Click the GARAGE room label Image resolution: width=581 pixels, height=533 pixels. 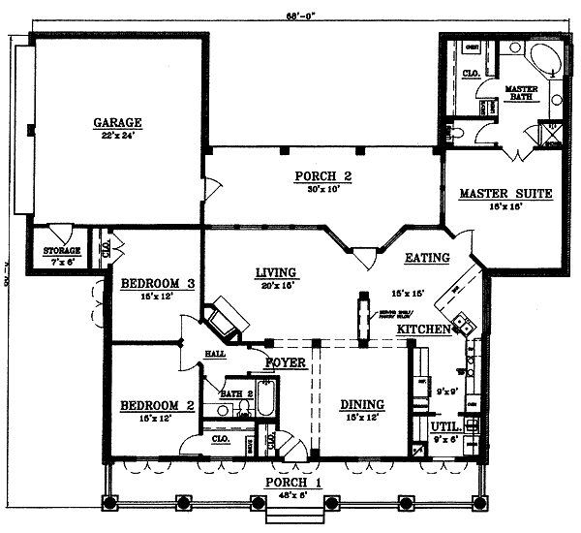[x=118, y=123]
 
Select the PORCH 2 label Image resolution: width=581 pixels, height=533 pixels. [x=321, y=176]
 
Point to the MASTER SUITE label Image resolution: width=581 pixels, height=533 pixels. [x=505, y=194]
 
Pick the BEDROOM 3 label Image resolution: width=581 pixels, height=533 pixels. [x=158, y=283]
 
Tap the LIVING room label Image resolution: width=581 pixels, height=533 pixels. [x=276, y=272]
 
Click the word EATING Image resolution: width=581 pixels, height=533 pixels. [x=427, y=258]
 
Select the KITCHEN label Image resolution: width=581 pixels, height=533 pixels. [x=424, y=330]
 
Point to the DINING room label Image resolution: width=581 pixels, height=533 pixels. [x=361, y=405]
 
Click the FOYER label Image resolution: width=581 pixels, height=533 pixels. [x=286, y=363]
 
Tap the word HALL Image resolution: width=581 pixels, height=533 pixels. [x=215, y=355]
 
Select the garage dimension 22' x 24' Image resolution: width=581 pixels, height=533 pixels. [x=118, y=136]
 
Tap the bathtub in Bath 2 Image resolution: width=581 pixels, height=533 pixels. [x=266, y=399]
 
